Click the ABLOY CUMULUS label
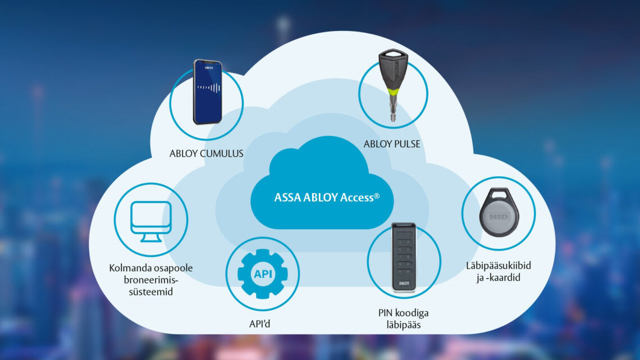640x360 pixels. tap(206, 153)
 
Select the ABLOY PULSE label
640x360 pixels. tap(392, 144)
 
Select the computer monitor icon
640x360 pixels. tap(150, 220)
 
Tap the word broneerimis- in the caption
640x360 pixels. tap(150, 280)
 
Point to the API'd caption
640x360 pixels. tap(262, 324)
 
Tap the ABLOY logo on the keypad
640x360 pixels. tap(404, 285)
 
